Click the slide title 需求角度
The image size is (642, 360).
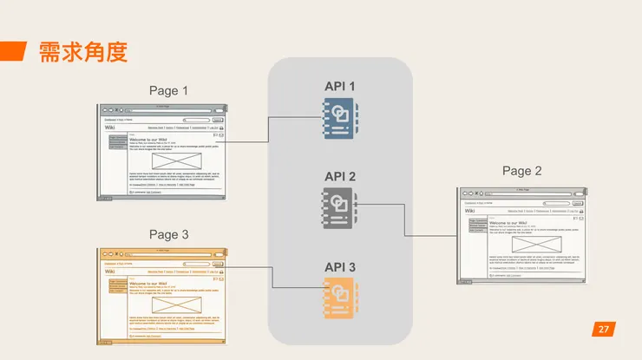[83, 52]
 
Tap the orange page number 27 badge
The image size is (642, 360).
[604, 329]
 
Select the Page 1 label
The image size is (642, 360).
[168, 90]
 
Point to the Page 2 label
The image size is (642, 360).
[522, 171]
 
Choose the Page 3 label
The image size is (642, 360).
[168, 234]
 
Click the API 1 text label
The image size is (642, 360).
[339, 86]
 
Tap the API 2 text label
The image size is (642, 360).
[339, 176]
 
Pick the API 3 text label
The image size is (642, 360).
[339, 266]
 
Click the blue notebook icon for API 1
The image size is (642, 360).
[339, 119]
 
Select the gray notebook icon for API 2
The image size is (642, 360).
[339, 208]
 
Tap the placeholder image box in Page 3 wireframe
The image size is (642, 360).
[176, 306]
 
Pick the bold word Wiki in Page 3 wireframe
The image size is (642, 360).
[110, 272]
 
